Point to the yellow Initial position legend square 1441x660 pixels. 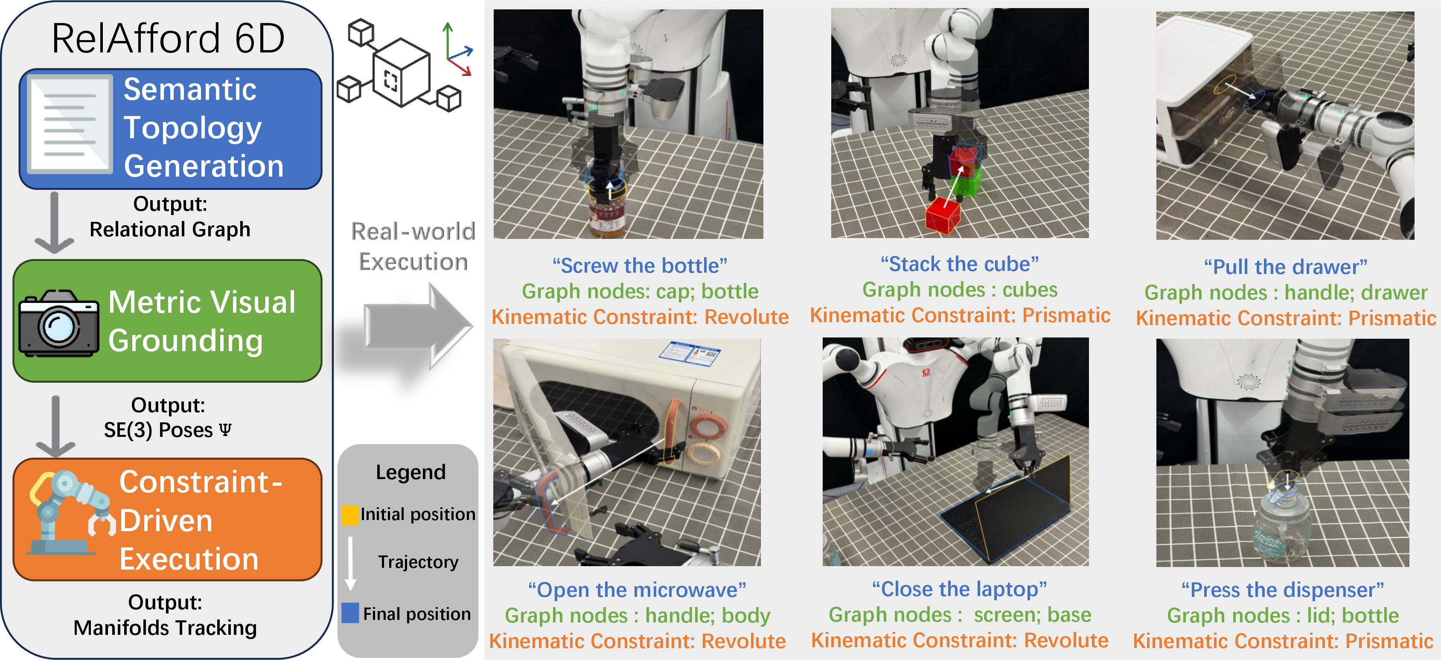(350, 515)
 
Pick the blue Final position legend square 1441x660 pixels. (350, 613)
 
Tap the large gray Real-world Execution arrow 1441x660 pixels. (417, 326)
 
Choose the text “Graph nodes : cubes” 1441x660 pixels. (960, 290)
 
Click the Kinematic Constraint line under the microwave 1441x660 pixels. (638, 641)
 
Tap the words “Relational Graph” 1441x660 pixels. (170, 230)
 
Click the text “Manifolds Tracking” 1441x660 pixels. (166, 628)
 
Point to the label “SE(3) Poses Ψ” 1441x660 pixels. (167, 430)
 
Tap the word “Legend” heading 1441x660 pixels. (410, 472)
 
